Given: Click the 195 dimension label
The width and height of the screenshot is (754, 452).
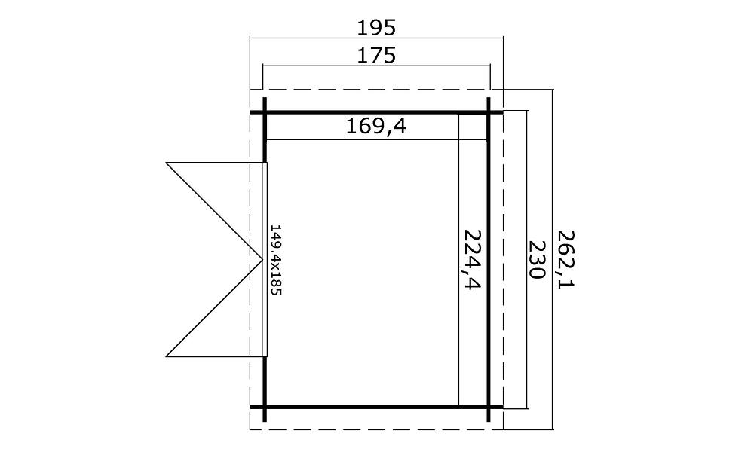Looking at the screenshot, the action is coord(376,28).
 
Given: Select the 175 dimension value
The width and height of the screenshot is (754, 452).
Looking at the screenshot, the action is coord(376,56).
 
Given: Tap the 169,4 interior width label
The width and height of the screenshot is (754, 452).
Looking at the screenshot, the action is coord(376,127).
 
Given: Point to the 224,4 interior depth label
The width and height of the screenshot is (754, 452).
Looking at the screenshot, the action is coord(471,259).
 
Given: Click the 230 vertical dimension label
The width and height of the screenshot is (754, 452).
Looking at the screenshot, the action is coord(536,259).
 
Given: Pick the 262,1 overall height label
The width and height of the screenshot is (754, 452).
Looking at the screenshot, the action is coord(566,259).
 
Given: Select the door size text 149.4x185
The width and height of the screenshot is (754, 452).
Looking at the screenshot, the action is coord(275,260).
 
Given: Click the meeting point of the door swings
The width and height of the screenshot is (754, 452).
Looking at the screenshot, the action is coord(262,259).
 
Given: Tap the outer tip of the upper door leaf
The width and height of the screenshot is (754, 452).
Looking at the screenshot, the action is coord(167,163).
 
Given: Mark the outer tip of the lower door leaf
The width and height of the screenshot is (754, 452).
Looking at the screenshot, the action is coord(167,356).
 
